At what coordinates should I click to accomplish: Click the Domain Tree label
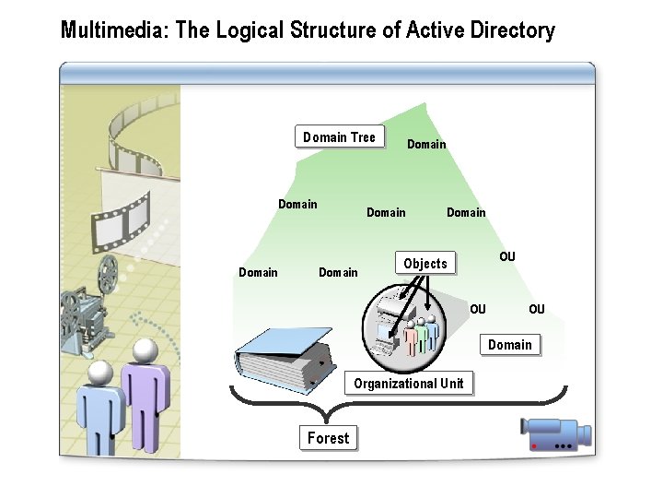point(340,137)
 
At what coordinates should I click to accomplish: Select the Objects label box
point(425,264)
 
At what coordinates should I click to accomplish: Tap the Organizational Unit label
point(409,383)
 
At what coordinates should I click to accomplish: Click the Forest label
point(329,438)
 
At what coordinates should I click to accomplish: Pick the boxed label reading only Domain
point(510,345)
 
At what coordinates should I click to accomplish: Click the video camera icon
point(554,435)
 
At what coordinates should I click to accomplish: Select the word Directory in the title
point(511,30)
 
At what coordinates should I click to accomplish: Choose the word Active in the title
point(433,30)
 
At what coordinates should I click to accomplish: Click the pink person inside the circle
point(411,337)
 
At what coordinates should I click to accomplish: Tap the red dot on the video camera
point(534,445)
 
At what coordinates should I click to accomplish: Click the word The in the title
point(192,30)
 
